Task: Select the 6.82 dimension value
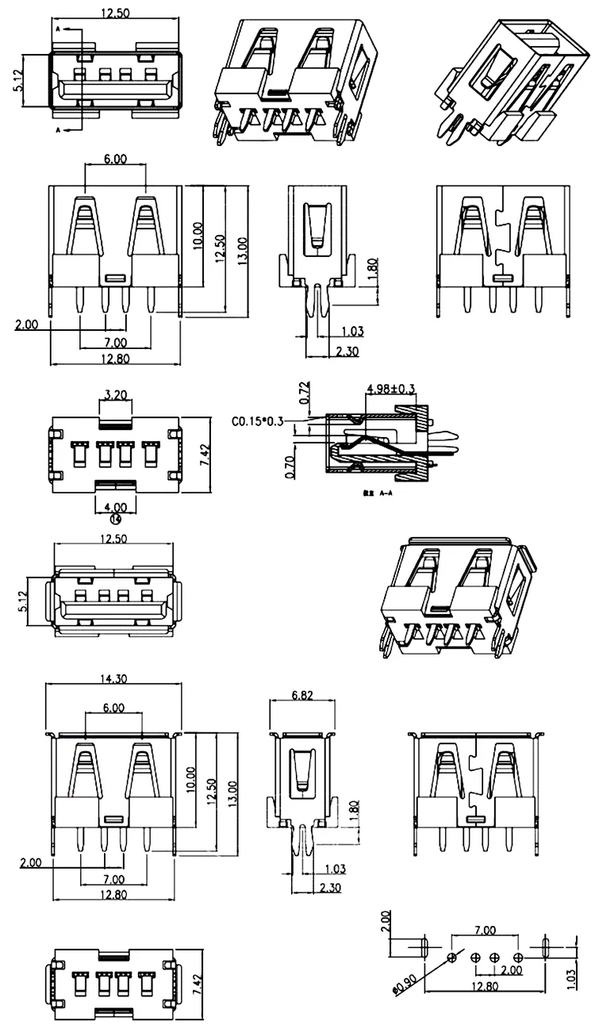(x=301, y=695)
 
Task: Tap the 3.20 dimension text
(x=116, y=393)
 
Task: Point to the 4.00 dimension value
(x=115, y=506)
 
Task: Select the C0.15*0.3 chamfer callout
(x=259, y=421)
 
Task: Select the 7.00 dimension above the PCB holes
(x=485, y=930)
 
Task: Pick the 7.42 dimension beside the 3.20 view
(x=204, y=455)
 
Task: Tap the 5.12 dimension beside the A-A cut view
(x=17, y=81)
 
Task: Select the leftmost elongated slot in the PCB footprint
(x=424, y=946)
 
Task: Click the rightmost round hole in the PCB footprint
(x=518, y=958)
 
